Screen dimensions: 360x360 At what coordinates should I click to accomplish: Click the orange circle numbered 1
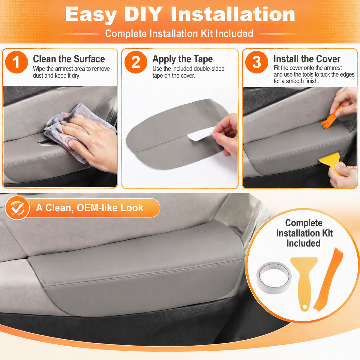(16, 62)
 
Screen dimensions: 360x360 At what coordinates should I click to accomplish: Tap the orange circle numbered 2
(136, 62)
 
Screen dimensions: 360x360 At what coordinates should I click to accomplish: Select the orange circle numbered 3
(256, 62)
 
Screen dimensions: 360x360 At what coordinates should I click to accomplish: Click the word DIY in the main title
(144, 14)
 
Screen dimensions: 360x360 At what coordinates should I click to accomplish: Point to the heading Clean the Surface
(69, 59)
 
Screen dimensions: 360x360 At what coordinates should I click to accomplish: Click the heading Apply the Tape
(182, 59)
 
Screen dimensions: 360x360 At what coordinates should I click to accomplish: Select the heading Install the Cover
(307, 59)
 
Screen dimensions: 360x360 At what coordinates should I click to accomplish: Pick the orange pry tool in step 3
(331, 118)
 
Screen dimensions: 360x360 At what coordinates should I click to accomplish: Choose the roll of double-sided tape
(274, 277)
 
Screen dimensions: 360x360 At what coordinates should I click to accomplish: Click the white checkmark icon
(17, 208)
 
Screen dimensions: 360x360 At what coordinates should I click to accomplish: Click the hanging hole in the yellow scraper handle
(304, 307)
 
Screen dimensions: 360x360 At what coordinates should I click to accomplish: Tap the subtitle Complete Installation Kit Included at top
(179, 34)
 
